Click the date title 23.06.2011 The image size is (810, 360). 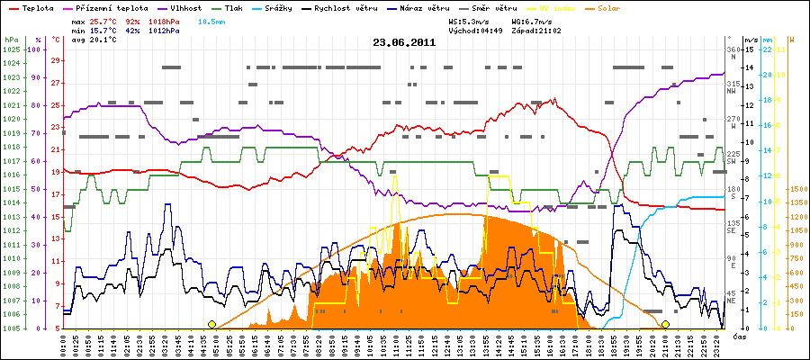click(405, 42)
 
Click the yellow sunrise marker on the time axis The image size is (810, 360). click(212, 324)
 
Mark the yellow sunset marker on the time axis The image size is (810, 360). click(665, 324)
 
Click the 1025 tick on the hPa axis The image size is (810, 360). click(10, 49)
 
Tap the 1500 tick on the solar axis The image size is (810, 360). click(797, 190)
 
